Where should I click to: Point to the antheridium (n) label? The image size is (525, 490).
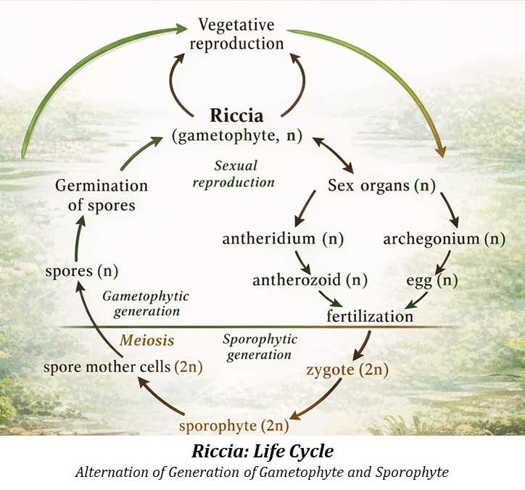coord(283,238)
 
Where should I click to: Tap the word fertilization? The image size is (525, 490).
coord(370,316)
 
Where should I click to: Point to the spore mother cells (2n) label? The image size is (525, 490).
coord(122,366)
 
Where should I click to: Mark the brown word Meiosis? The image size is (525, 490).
coord(147,339)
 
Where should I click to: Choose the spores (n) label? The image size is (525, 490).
coord(81,271)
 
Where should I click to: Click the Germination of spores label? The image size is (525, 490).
coord(102,195)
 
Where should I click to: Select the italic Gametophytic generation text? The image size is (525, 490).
coord(145,304)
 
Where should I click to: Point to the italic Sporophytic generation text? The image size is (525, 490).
coord(259,346)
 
